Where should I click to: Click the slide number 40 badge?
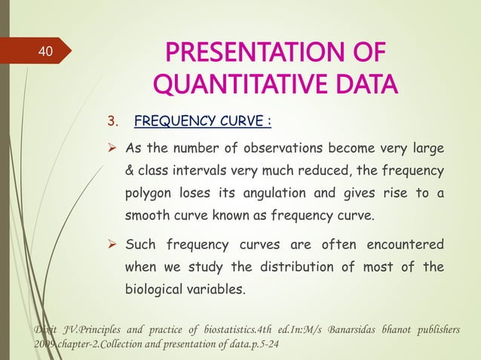(45, 52)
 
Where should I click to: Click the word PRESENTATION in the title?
(241, 56)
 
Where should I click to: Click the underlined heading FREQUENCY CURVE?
(202, 122)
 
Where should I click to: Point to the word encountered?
(405, 244)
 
